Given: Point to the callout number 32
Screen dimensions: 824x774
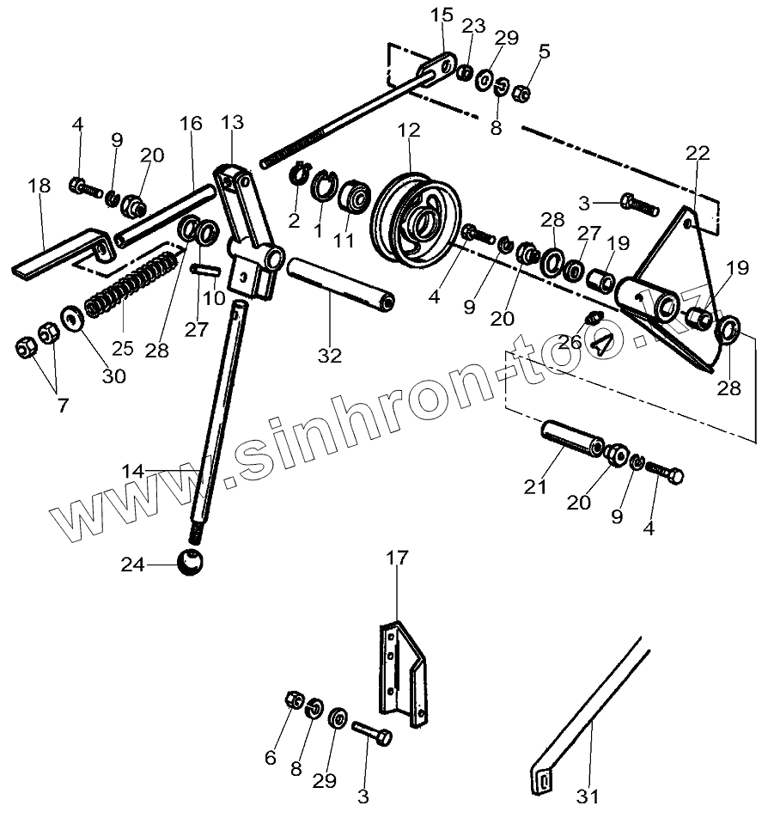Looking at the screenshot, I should (330, 355).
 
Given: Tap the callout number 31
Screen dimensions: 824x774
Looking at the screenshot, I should (588, 797).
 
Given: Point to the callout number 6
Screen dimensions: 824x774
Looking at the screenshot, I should (271, 757).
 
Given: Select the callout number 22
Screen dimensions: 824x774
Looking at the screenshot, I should (698, 154).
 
